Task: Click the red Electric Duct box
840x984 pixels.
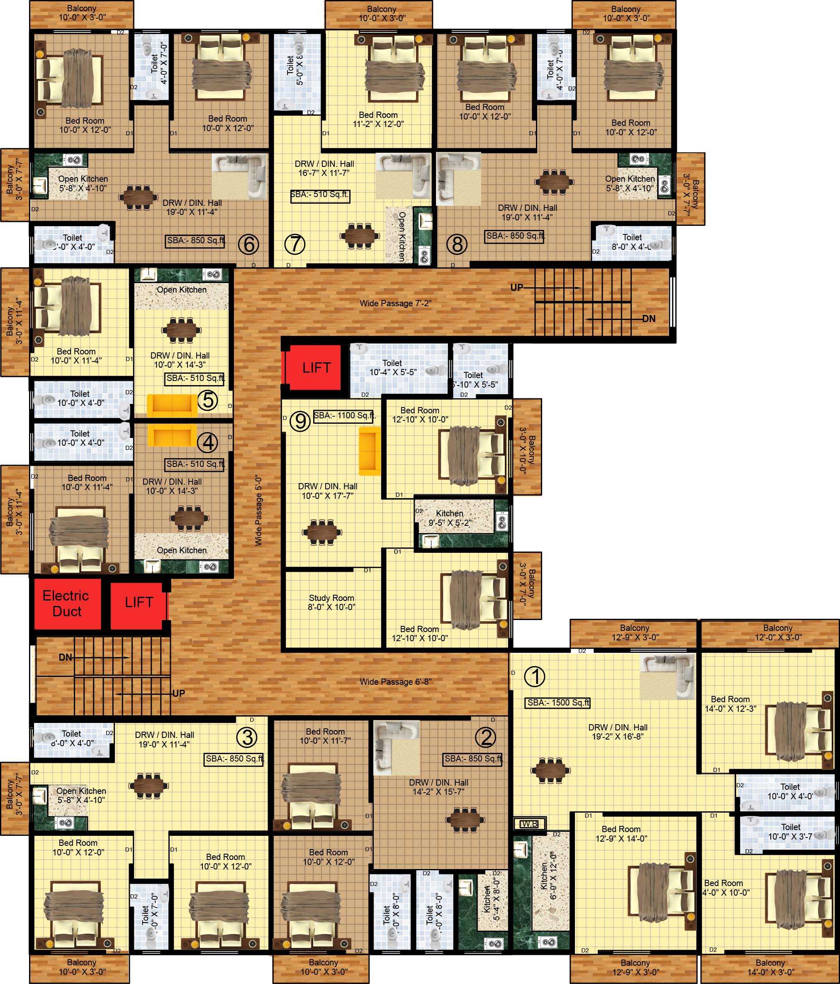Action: [x=66, y=603]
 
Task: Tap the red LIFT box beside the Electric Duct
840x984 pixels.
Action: [x=139, y=603]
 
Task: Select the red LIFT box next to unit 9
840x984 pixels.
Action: [x=316, y=368]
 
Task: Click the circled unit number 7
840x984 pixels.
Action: [x=295, y=244]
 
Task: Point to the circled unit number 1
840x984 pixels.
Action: [x=535, y=677]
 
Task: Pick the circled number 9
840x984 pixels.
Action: [x=300, y=421]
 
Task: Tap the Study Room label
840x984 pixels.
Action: [x=331, y=602]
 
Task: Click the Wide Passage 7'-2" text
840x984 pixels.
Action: [x=395, y=303]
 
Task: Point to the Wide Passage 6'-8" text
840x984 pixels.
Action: [x=395, y=682]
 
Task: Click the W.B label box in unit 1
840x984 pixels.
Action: [x=529, y=824]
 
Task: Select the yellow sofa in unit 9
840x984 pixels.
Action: [x=370, y=451]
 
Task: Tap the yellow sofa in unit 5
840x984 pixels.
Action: [x=172, y=406]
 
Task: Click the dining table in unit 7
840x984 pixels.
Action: [x=360, y=235]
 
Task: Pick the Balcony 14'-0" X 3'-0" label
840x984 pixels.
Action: [x=770, y=967]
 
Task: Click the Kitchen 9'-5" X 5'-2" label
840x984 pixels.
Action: [x=449, y=518]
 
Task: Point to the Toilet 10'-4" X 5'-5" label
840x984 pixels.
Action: [x=392, y=368]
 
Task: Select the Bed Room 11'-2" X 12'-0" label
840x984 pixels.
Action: [x=378, y=119]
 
